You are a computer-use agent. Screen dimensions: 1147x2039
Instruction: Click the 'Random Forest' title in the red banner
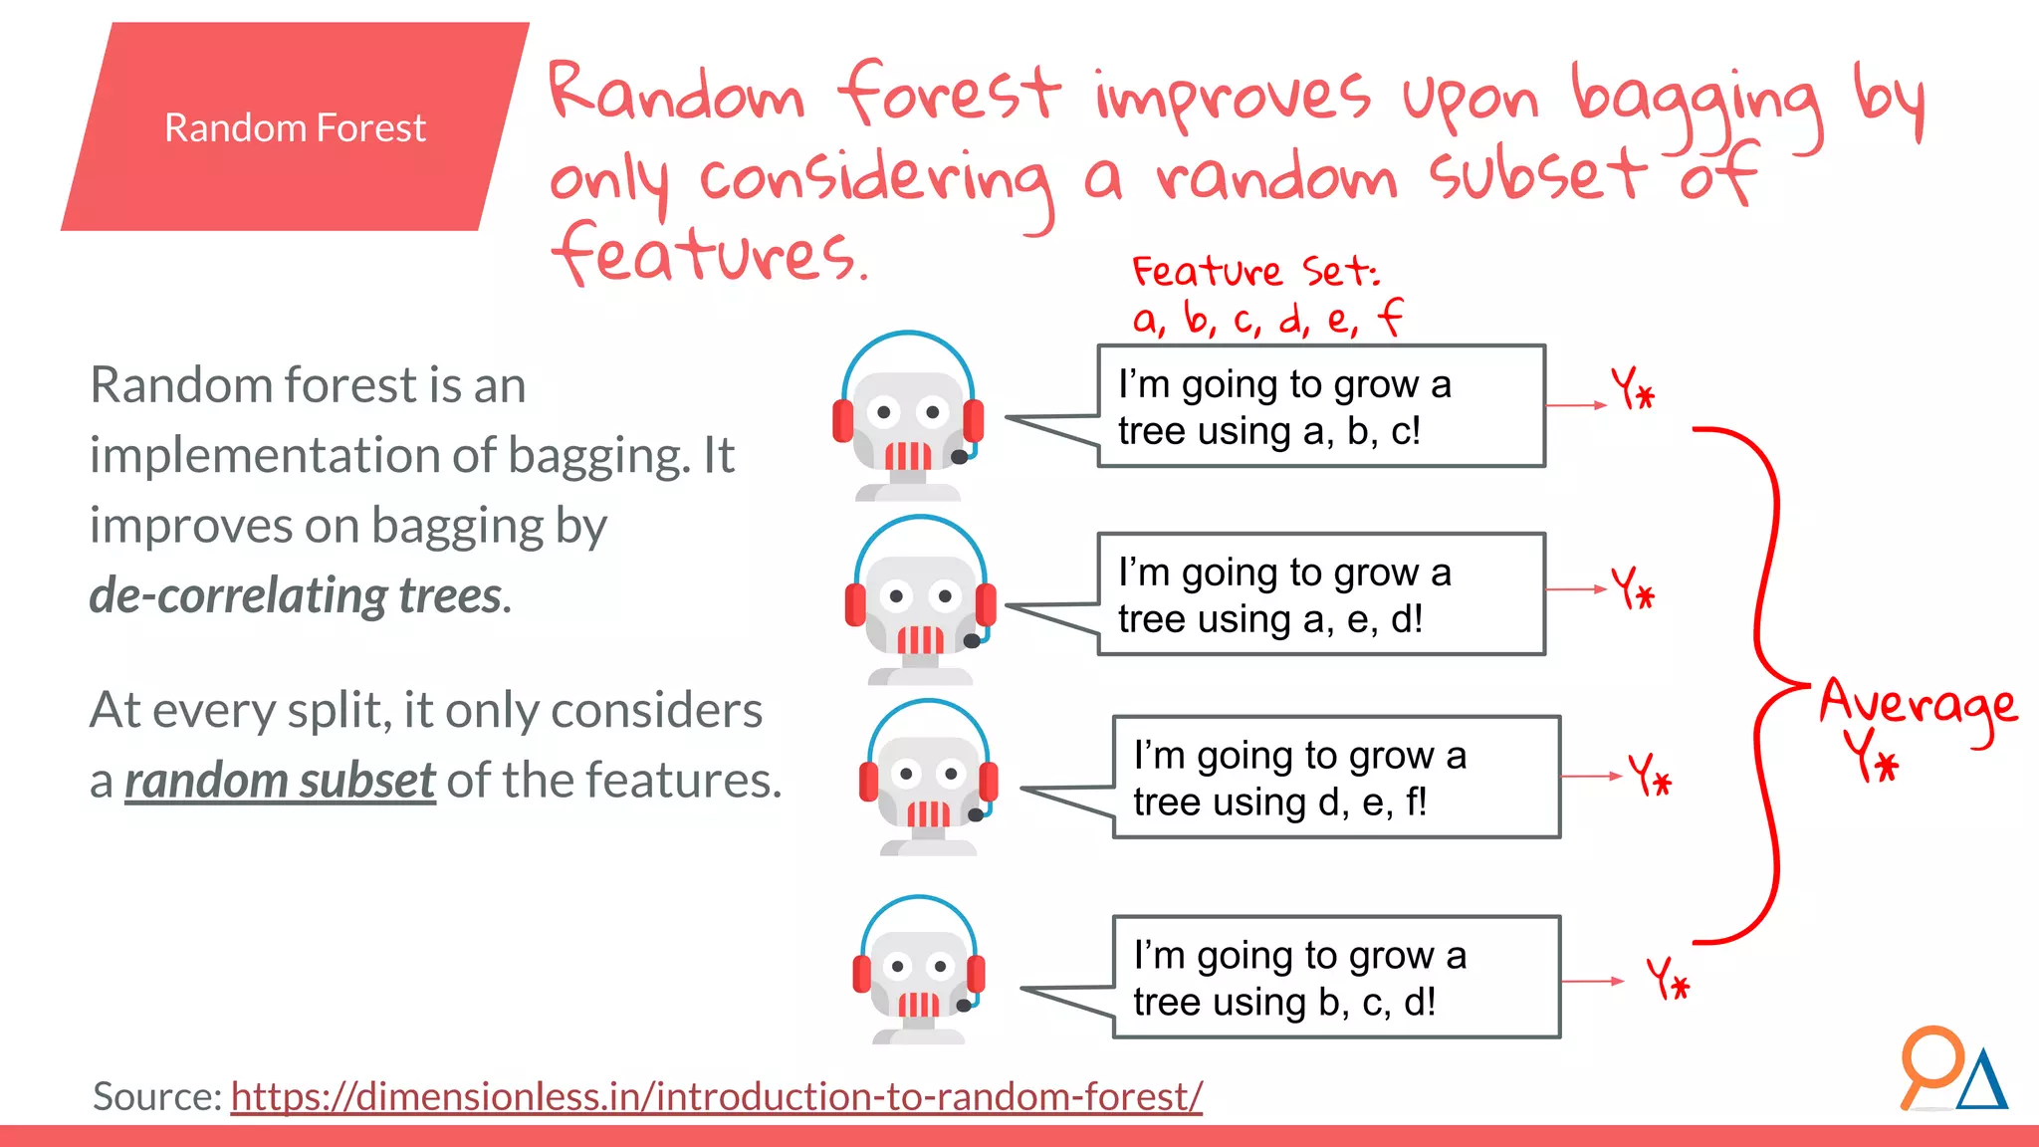point(295,128)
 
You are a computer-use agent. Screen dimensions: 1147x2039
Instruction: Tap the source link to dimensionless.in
point(716,1096)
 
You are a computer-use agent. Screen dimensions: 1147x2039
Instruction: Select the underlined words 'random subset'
point(280,781)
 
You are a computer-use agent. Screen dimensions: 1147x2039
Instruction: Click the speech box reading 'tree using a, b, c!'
point(1321,406)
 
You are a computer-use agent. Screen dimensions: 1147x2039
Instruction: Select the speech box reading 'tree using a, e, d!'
point(1321,594)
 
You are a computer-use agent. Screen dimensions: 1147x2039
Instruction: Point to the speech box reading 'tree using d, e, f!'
point(1336,778)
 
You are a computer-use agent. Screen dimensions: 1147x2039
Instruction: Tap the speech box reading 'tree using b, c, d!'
point(1336,978)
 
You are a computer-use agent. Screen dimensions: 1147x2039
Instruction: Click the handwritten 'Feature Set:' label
point(1254,271)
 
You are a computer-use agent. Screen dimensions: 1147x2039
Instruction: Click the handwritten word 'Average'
point(1918,705)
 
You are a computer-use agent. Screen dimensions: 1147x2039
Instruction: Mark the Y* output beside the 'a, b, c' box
point(1633,388)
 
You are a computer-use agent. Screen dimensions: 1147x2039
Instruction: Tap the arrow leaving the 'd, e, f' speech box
point(1592,777)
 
